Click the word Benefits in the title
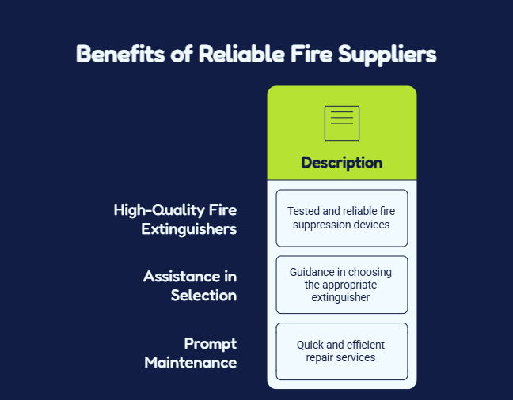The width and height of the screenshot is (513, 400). [120, 54]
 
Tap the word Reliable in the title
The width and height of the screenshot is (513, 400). [241, 54]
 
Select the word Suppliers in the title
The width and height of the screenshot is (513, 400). [387, 55]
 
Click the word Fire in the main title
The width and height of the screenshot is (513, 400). [311, 54]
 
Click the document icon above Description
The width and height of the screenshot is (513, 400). [342, 123]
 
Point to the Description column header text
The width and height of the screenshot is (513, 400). [342, 163]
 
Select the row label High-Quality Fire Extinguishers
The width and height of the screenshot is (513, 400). [176, 219]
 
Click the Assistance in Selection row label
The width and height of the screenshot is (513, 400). [190, 286]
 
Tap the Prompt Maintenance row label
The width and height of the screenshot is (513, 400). [191, 353]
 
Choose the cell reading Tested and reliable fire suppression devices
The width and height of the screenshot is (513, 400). [342, 218]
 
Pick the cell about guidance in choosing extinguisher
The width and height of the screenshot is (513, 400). [342, 285]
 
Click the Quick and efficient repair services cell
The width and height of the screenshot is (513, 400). [342, 351]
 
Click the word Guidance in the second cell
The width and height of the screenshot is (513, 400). [312, 272]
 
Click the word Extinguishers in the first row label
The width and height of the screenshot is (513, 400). [189, 229]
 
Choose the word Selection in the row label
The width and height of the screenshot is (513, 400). [203, 296]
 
